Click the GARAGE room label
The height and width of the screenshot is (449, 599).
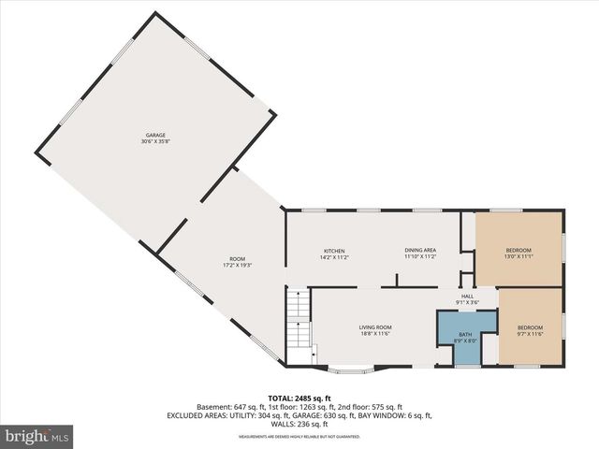(x=155, y=136)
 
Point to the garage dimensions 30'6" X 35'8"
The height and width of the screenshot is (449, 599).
(x=155, y=142)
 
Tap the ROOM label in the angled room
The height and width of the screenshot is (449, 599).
(x=238, y=259)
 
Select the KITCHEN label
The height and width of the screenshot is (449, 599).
(x=335, y=251)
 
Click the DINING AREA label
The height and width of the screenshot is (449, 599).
(x=420, y=251)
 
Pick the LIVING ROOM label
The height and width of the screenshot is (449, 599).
(x=374, y=326)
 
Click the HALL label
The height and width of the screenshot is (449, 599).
(x=467, y=296)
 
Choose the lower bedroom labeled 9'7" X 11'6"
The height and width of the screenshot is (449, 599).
(x=530, y=327)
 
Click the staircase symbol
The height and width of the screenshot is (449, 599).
(x=297, y=318)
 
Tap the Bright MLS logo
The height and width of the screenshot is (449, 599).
(x=37, y=436)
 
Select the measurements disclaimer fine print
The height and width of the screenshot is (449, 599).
(x=299, y=424)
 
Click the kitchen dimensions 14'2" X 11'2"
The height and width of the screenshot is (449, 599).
(x=335, y=257)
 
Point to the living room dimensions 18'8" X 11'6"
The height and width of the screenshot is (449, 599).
(x=374, y=333)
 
